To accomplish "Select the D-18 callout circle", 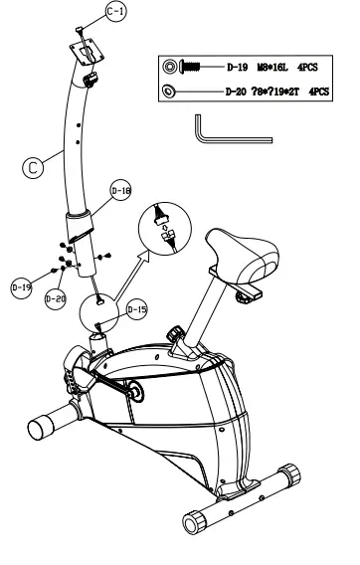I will pos(119,193).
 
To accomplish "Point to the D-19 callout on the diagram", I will pos(20,286).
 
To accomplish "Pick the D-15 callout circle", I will pos(137,309).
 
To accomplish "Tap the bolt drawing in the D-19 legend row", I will pos(182,68).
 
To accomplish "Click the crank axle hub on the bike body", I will pos(132,393).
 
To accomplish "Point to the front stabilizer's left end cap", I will pos(41,429).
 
